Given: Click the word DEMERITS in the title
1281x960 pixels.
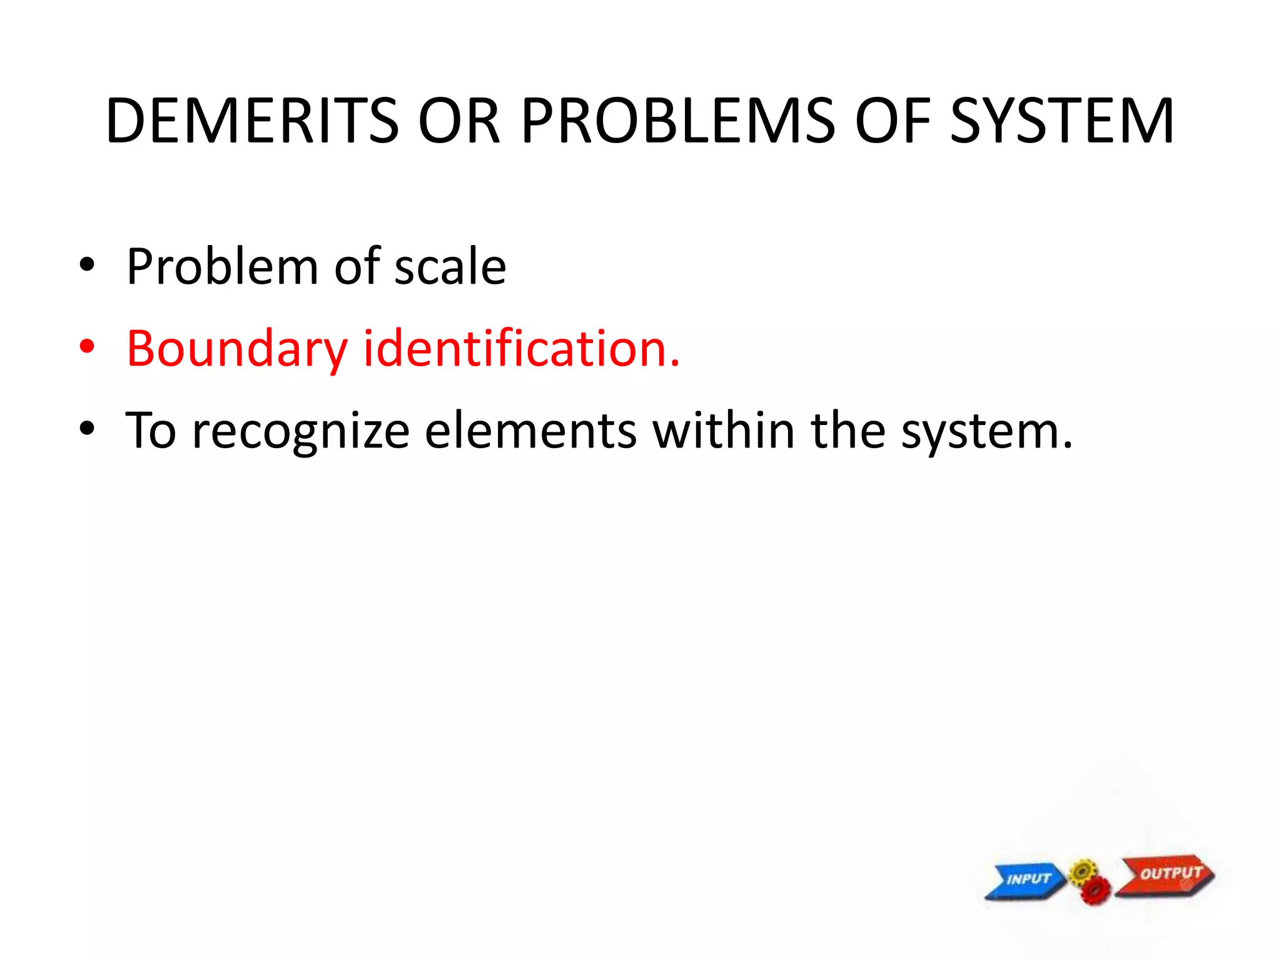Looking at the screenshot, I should (252, 121).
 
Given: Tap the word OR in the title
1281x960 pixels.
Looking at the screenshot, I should (459, 121).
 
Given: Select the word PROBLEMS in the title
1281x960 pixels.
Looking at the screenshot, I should (677, 121).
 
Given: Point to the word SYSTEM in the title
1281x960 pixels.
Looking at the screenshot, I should (1061, 121).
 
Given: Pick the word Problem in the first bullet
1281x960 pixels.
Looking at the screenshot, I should (222, 267).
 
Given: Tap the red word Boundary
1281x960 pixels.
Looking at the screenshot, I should (236, 349).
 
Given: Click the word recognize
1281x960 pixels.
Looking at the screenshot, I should (300, 431).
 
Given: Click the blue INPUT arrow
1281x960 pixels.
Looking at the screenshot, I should (1026, 879).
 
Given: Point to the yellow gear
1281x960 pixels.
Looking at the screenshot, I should (1083, 871).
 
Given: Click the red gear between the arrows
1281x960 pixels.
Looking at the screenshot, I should (1095, 890).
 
